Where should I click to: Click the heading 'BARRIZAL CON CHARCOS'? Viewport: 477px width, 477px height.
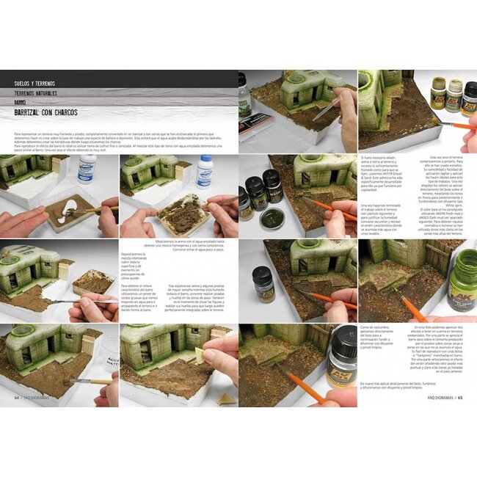[x=45, y=113]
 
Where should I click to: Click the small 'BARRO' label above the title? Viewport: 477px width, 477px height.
[x=21, y=103]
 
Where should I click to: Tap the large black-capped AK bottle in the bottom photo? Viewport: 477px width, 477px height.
[x=340, y=356]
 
